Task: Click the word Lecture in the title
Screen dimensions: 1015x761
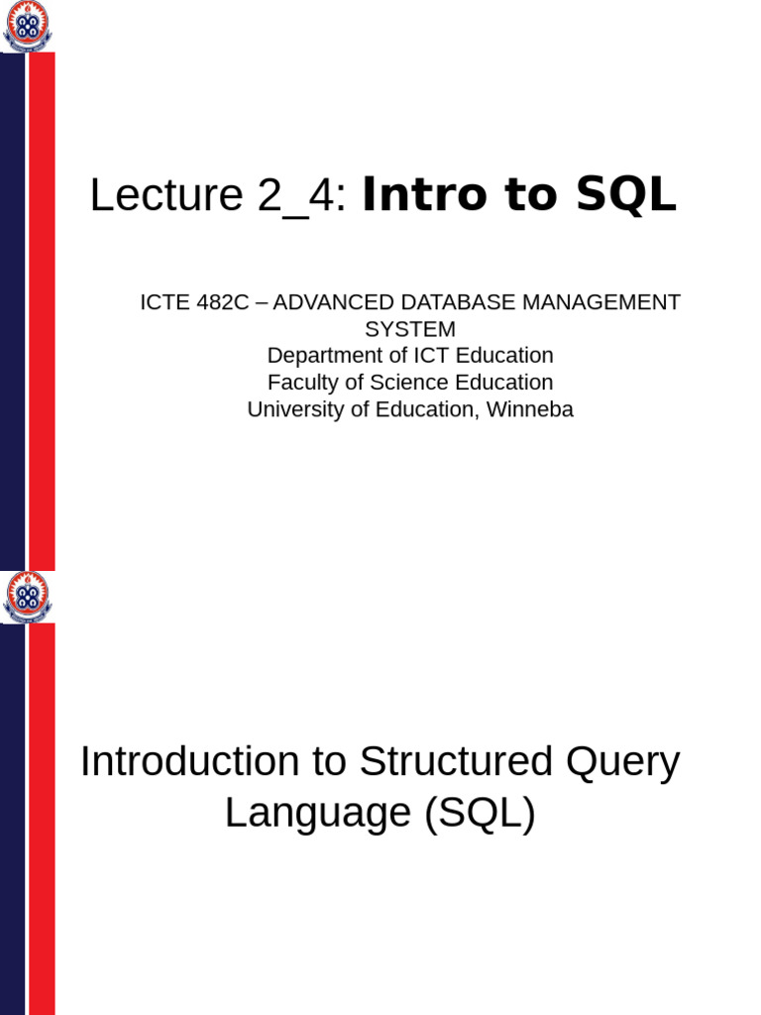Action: click(x=165, y=195)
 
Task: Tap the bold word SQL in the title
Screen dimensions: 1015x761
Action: click(x=630, y=195)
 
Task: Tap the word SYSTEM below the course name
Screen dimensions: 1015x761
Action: click(x=410, y=329)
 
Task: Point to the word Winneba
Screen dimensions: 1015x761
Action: click(x=532, y=409)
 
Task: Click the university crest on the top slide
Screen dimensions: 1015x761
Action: click(x=28, y=27)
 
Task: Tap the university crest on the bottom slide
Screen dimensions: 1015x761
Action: click(x=28, y=597)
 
